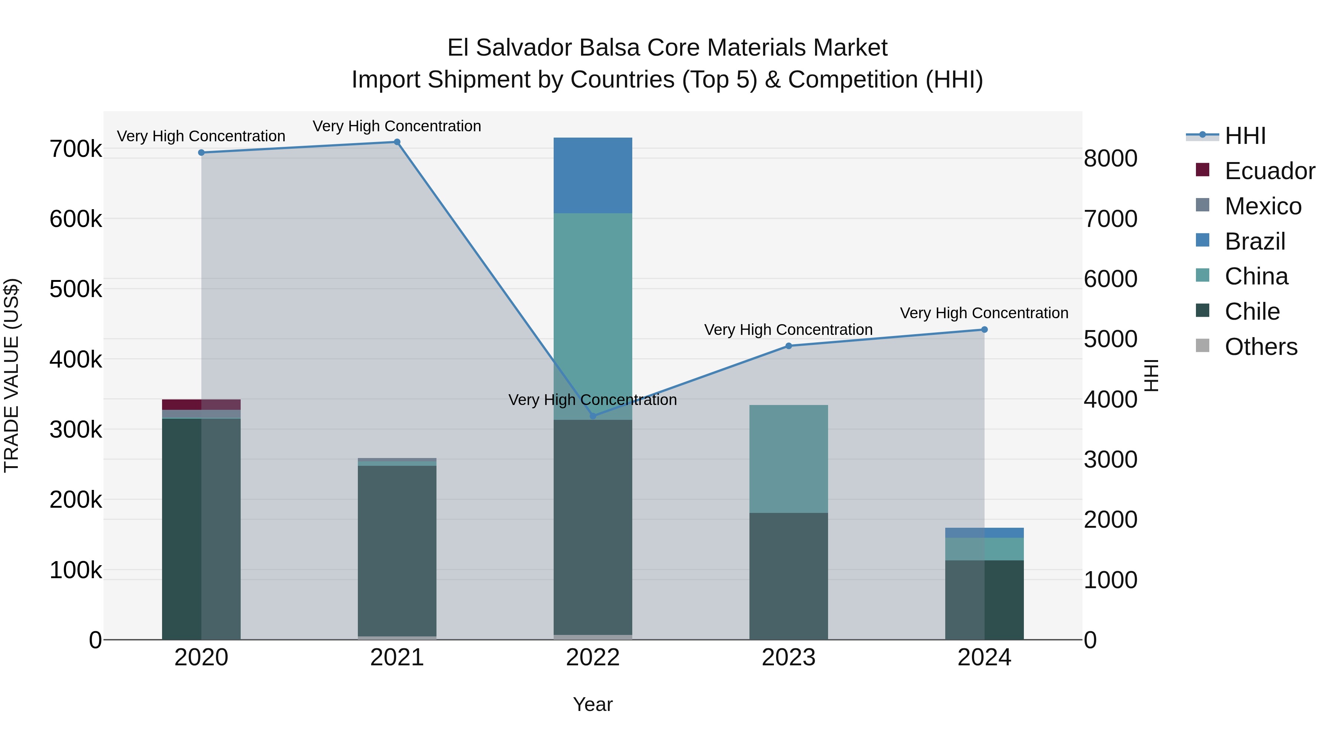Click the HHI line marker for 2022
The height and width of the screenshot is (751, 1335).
pyautogui.click(x=593, y=416)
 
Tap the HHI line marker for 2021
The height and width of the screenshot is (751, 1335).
pyautogui.click(x=397, y=142)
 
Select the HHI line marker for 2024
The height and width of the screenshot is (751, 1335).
pyautogui.click(x=984, y=330)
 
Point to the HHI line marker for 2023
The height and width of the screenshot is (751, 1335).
pyautogui.click(x=789, y=346)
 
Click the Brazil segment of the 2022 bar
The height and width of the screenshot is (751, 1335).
pyautogui.click(x=593, y=175)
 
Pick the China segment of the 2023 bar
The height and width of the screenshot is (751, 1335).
pyautogui.click(x=789, y=459)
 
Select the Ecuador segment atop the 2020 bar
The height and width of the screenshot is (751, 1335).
pyautogui.click(x=201, y=404)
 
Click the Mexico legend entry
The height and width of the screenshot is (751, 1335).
pyautogui.click(x=1262, y=206)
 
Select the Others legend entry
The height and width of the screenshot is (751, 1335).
pyautogui.click(x=1260, y=347)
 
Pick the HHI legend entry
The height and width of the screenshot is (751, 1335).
pyautogui.click(x=1245, y=136)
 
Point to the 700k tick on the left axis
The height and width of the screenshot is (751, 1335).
pyautogui.click(x=76, y=149)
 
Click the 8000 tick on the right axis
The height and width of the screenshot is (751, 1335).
pyautogui.click(x=1110, y=159)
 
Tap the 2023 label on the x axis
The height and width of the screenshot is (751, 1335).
pyautogui.click(x=789, y=658)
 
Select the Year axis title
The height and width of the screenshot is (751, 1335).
pyautogui.click(x=593, y=704)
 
